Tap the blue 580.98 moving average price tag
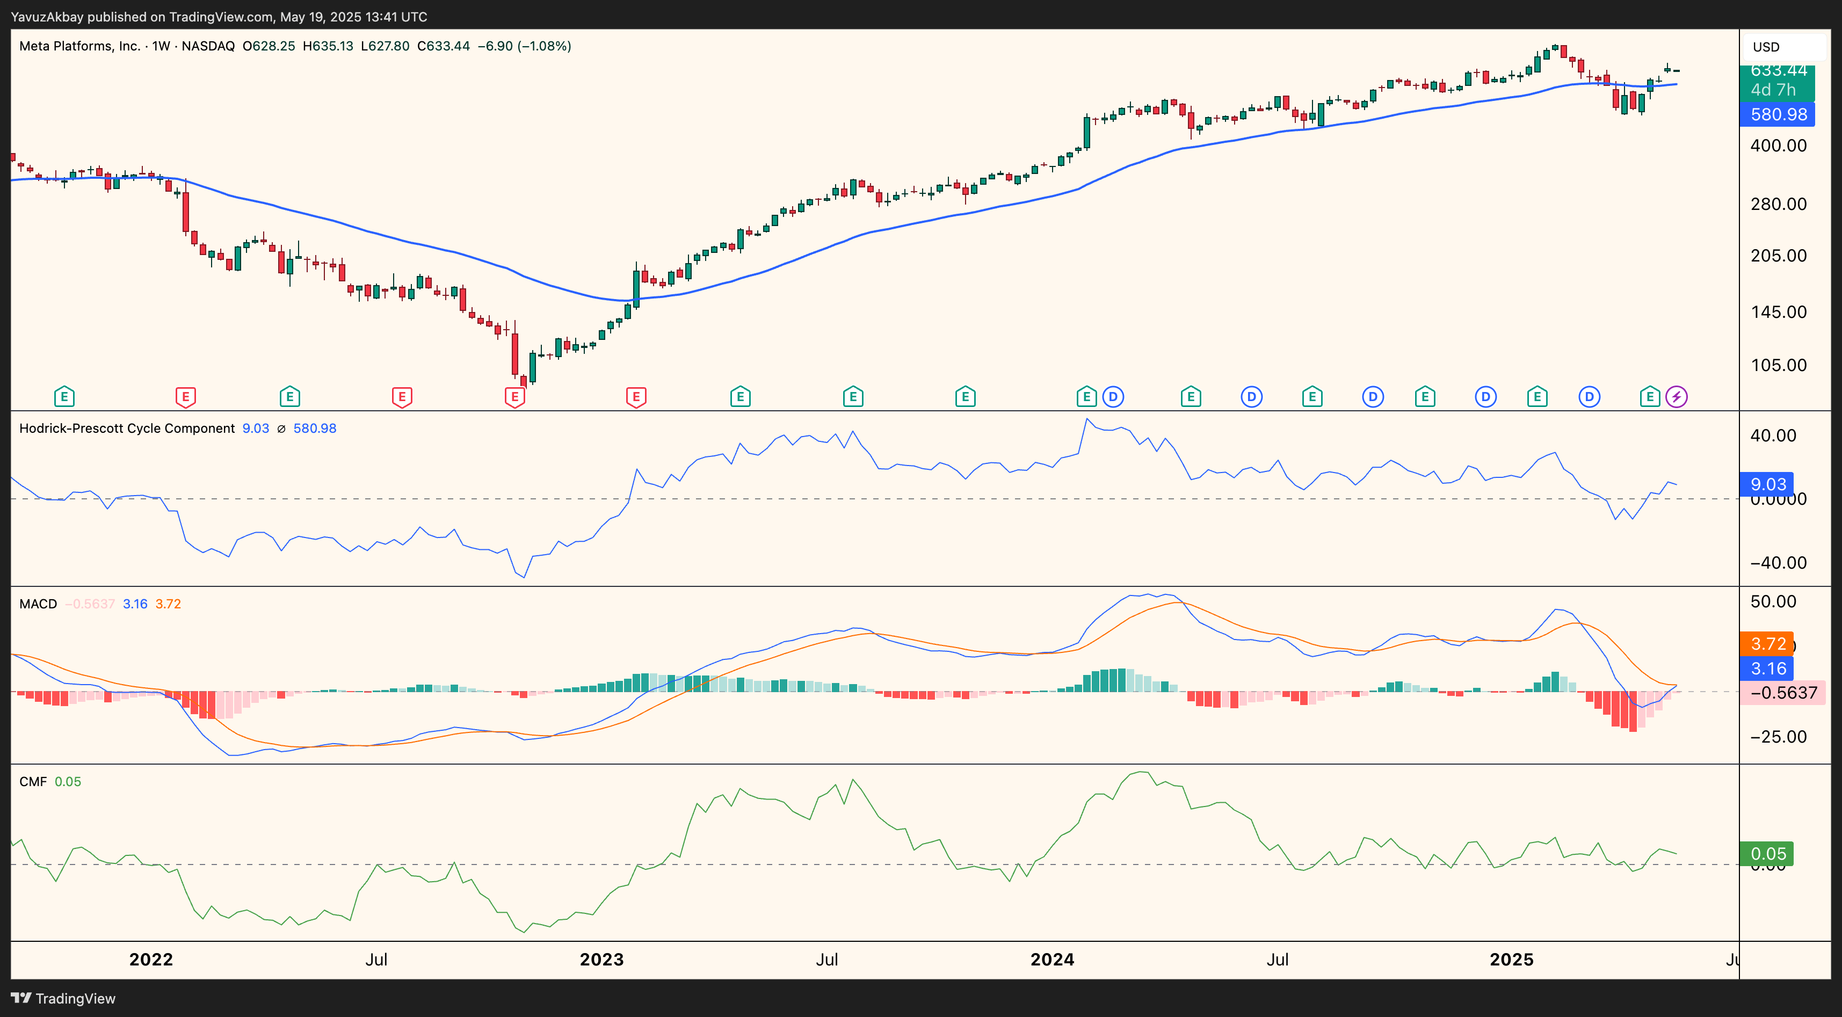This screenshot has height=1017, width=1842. click(1778, 114)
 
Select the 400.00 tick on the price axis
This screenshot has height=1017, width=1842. click(1778, 146)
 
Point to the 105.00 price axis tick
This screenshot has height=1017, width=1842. click(1778, 366)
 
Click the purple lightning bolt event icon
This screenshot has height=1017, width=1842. click(1676, 396)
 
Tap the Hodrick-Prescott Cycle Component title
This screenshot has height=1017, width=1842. click(127, 428)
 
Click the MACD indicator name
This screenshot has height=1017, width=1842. click(38, 604)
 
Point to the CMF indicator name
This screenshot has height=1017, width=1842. click(33, 782)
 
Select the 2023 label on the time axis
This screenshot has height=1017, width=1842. click(601, 960)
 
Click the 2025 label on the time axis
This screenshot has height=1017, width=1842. click(1511, 960)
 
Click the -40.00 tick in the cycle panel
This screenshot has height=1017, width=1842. click(1778, 563)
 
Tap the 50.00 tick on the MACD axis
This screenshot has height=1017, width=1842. click(1773, 601)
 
